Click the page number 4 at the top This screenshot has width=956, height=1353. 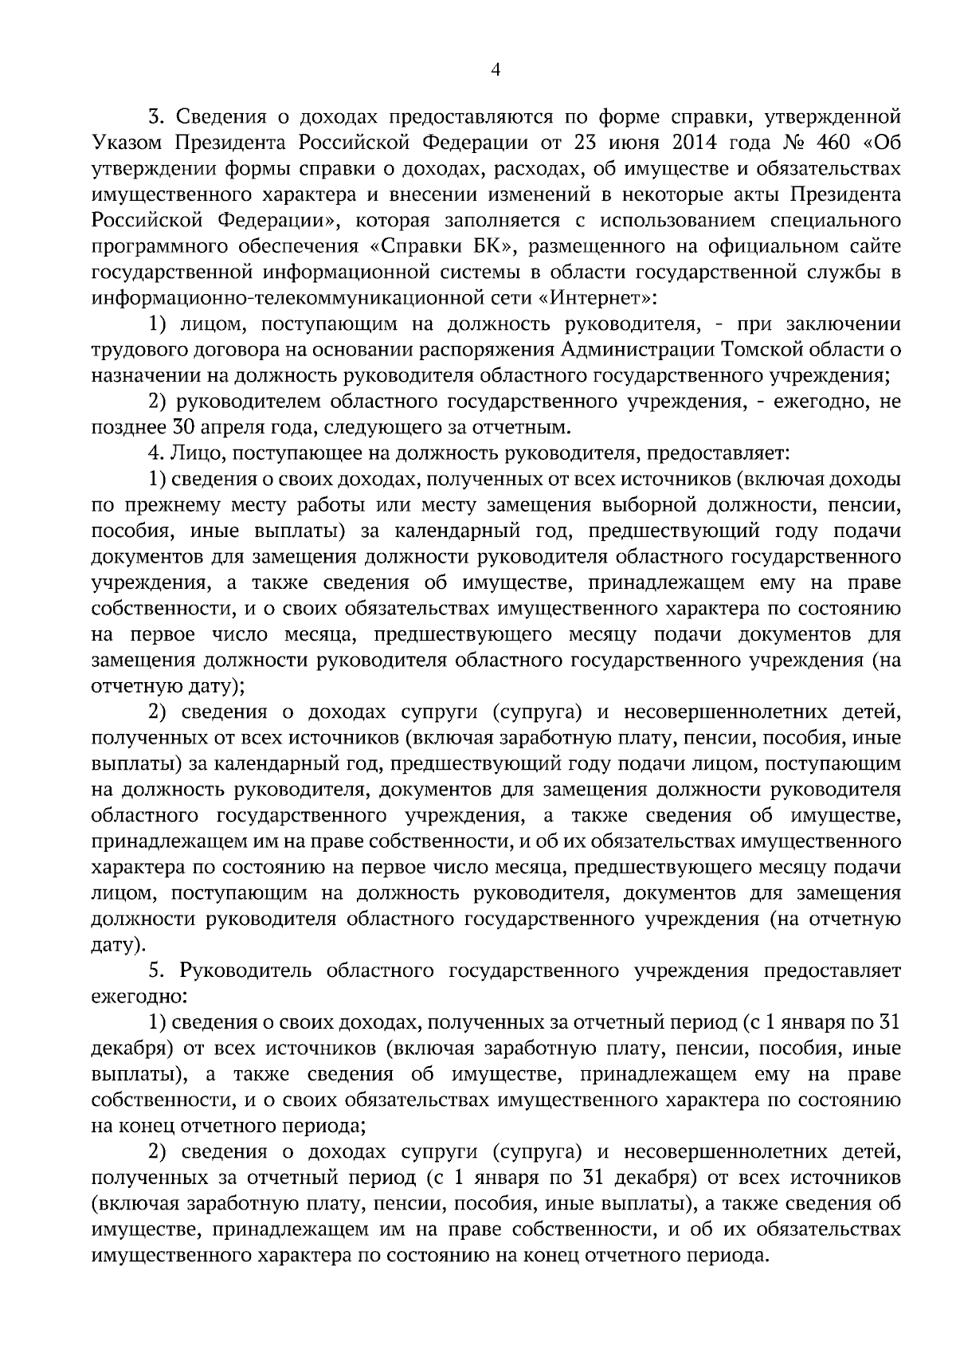click(495, 70)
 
